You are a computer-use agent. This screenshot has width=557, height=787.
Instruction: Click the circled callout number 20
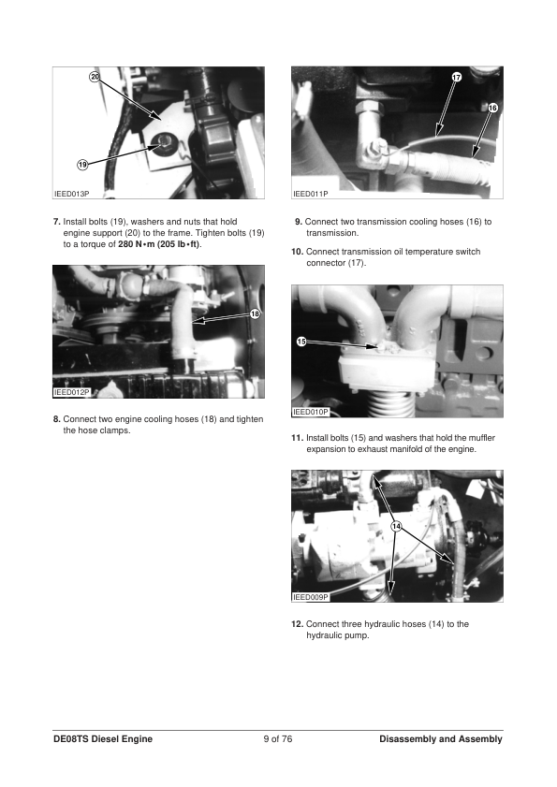(95, 77)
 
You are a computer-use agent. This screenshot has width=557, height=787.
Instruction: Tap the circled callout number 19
(82, 164)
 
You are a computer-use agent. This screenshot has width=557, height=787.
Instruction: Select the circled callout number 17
(456, 77)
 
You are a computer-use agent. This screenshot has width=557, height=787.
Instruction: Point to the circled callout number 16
(492, 108)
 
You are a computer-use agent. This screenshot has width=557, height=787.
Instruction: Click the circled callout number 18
(256, 314)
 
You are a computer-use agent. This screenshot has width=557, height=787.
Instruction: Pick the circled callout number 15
(301, 342)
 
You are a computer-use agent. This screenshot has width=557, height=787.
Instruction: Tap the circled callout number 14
(396, 526)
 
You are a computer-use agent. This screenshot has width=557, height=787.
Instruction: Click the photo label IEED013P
(71, 194)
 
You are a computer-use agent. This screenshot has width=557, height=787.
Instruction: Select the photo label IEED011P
(311, 194)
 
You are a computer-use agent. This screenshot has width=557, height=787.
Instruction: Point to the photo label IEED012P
(71, 392)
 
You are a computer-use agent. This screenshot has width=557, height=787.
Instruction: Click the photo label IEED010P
(311, 412)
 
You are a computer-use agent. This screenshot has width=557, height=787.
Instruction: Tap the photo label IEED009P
(311, 597)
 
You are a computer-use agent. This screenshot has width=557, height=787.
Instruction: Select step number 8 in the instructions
(57, 419)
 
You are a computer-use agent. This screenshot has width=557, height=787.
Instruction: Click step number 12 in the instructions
(298, 624)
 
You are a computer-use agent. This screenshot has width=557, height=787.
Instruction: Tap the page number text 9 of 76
(278, 739)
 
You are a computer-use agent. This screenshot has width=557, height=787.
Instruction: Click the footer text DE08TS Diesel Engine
(103, 739)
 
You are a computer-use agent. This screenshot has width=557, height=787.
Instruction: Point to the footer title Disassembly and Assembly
(441, 739)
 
